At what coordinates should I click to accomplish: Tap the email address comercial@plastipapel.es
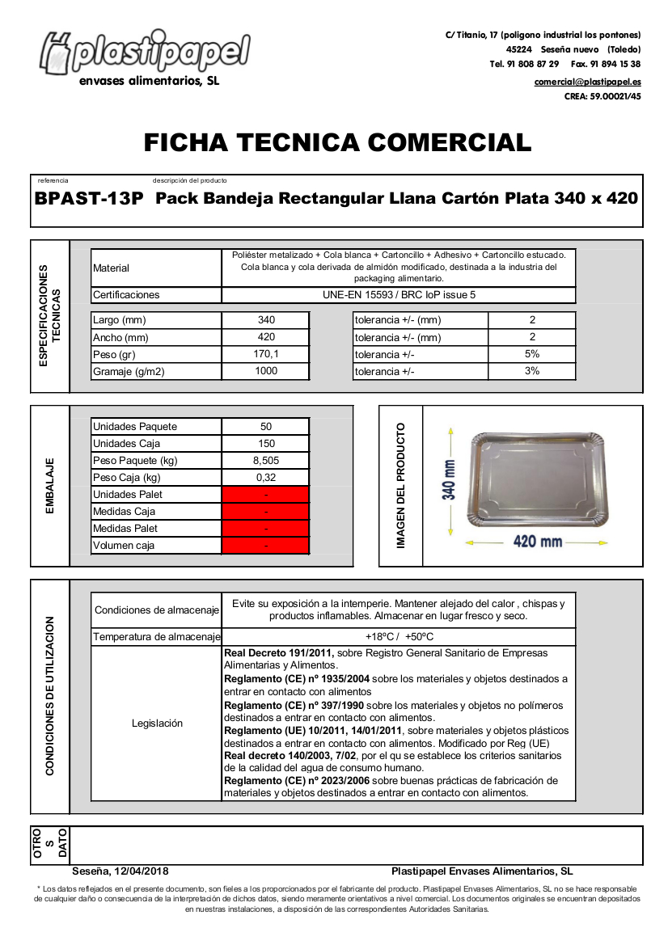click(x=587, y=82)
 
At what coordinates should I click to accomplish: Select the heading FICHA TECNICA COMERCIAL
click(x=337, y=143)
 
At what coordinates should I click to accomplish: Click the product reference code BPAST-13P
click(x=89, y=199)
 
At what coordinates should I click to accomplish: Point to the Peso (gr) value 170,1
click(x=265, y=354)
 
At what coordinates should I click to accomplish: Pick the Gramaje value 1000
click(x=265, y=371)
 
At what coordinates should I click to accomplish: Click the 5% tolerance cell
click(x=531, y=354)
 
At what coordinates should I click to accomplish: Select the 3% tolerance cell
click(x=531, y=371)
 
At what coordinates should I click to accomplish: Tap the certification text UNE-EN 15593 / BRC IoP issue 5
click(x=399, y=295)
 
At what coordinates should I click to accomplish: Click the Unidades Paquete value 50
click(x=266, y=427)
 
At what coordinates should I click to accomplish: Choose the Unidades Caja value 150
click(x=266, y=444)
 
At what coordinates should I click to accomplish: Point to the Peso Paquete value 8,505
click(x=266, y=461)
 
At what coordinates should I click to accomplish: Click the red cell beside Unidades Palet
click(x=266, y=495)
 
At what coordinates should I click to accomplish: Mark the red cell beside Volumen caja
click(x=266, y=546)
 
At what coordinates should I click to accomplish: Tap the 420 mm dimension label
click(x=538, y=542)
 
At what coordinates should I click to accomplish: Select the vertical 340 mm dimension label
click(x=449, y=479)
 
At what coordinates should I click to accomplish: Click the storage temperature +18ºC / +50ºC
click(x=399, y=637)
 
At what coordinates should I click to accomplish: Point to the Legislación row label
click(x=157, y=724)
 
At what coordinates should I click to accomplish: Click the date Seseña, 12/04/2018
click(x=120, y=871)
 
